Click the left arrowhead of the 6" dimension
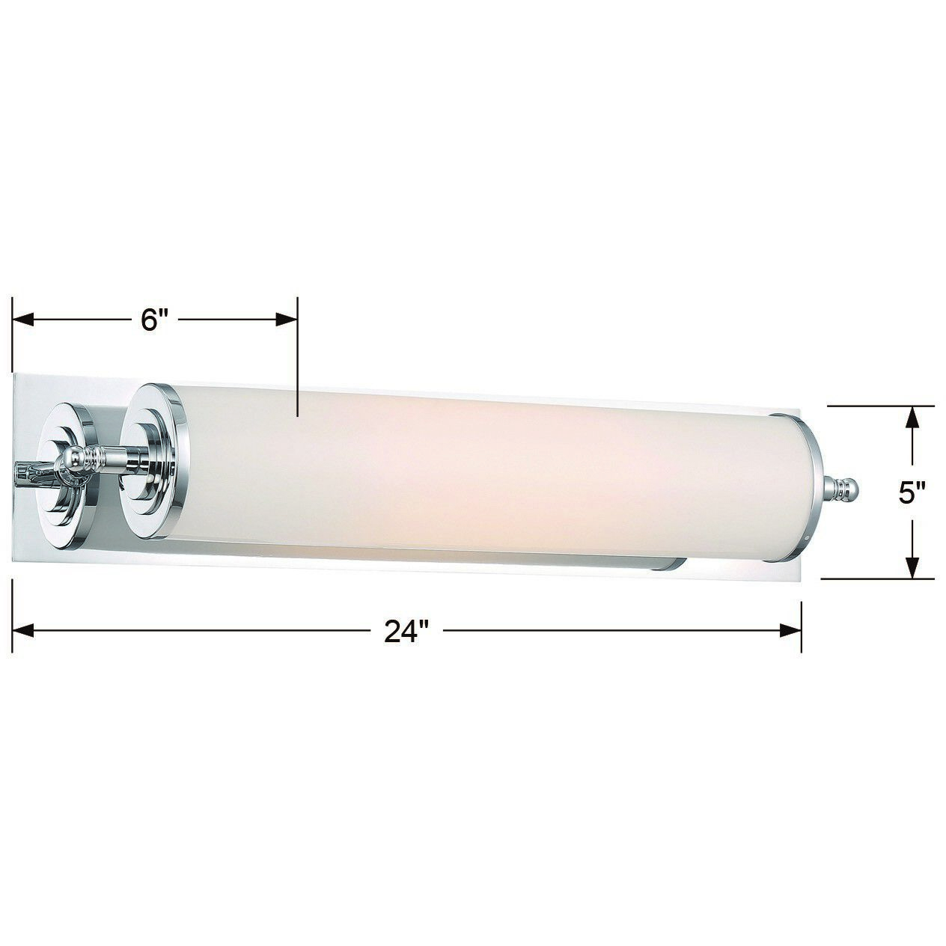(x=24, y=320)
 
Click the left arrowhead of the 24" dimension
(x=24, y=630)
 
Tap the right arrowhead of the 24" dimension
(x=791, y=630)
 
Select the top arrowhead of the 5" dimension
(x=912, y=416)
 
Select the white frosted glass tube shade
(x=486, y=479)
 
